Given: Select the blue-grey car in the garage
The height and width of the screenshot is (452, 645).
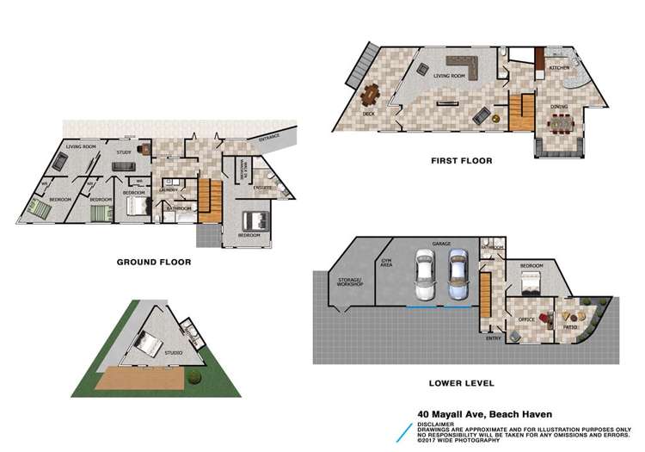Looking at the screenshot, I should (458, 275).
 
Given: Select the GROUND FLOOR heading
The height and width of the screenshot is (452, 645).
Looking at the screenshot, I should (153, 262).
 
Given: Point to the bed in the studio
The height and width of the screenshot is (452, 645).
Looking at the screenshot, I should (146, 344).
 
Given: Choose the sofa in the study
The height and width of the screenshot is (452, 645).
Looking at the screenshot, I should (124, 166).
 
